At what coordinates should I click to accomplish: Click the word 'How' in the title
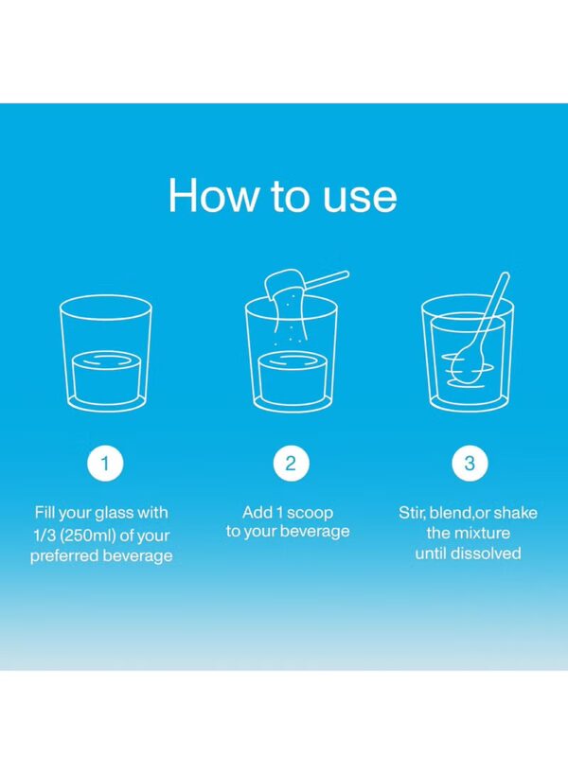[213, 196]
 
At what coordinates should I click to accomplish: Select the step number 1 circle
[105, 464]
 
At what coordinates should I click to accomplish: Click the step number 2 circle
[291, 464]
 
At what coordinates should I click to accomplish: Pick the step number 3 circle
[470, 464]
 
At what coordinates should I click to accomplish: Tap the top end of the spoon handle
[505, 276]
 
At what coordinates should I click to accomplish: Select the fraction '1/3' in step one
[44, 536]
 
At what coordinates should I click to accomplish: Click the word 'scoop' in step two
[310, 513]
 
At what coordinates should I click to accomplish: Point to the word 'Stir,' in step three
[413, 513]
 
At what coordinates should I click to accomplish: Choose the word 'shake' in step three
[515, 513]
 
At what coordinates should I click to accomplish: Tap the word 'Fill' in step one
[44, 512]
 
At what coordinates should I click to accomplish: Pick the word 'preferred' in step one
[65, 555]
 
